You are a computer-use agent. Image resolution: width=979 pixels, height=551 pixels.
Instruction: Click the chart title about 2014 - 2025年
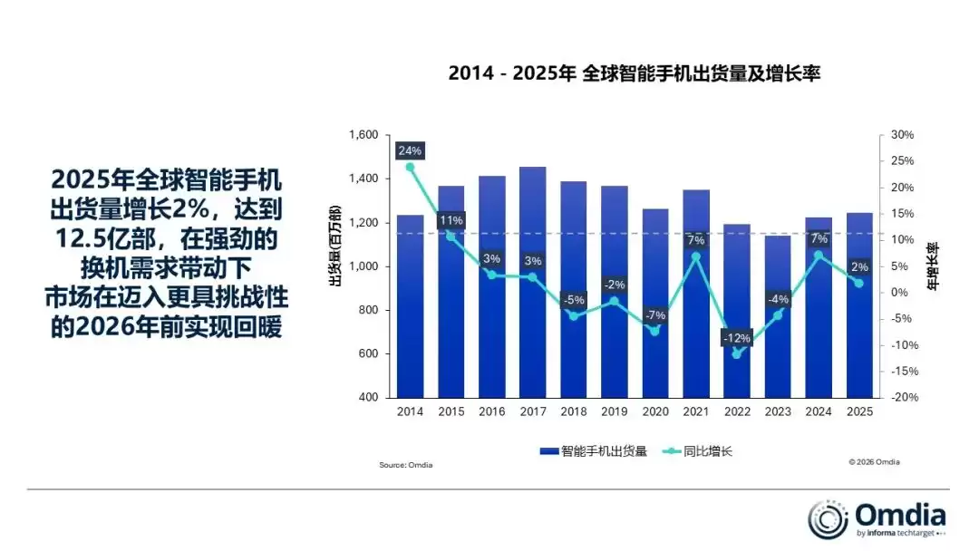pyautogui.click(x=634, y=73)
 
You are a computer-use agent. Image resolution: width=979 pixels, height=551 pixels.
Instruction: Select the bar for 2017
pyautogui.click(x=532, y=281)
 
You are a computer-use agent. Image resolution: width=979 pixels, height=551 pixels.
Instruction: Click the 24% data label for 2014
pyautogui.click(x=410, y=150)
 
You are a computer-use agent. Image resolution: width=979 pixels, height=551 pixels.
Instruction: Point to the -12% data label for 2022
pyautogui.click(x=736, y=338)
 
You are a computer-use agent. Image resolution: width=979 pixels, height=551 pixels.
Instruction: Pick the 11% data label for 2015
pyautogui.click(x=451, y=220)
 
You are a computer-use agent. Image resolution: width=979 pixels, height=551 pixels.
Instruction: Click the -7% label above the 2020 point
pyautogui.click(x=654, y=315)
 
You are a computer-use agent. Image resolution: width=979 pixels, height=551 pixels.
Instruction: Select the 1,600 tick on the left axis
pyautogui.click(x=363, y=135)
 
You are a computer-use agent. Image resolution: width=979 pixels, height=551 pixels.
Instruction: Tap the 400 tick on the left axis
pyautogui.click(x=368, y=397)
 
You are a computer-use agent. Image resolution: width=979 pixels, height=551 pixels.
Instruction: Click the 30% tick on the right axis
pyautogui.click(x=902, y=135)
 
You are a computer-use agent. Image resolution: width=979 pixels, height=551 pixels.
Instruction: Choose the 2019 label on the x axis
pyautogui.click(x=614, y=411)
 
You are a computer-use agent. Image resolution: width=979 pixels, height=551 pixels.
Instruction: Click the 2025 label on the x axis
pyautogui.click(x=858, y=411)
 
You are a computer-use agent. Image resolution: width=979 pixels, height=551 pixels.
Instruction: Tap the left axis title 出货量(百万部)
pyautogui.click(x=334, y=250)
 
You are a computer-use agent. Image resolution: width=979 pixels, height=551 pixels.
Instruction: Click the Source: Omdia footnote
pyautogui.click(x=405, y=466)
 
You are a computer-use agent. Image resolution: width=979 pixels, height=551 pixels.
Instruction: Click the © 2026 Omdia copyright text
pyautogui.click(x=874, y=462)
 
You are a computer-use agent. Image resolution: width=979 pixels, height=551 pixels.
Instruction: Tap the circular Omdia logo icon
pyautogui.click(x=828, y=519)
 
